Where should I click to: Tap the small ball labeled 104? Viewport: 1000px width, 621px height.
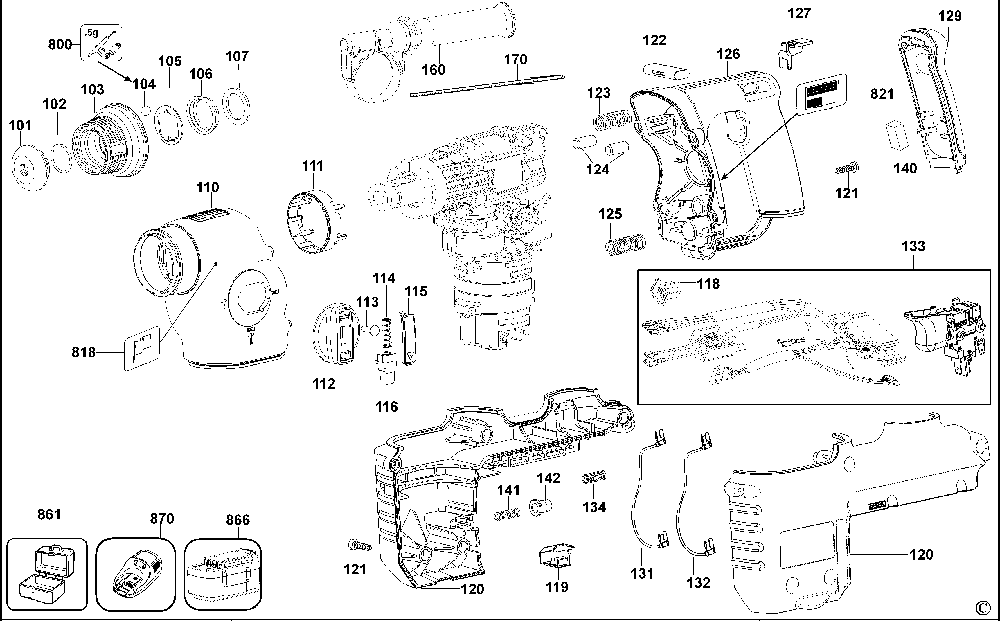(x=145, y=111)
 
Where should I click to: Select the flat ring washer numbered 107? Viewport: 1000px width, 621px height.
(x=237, y=106)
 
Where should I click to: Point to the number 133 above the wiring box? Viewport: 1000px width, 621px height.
(x=913, y=247)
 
